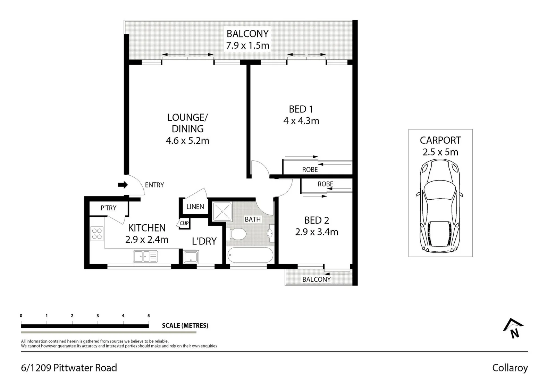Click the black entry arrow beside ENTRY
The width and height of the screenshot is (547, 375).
click(x=123, y=185)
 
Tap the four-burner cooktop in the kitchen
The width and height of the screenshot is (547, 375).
click(x=97, y=233)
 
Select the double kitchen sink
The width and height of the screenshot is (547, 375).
click(x=145, y=257)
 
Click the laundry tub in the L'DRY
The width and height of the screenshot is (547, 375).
click(x=191, y=257)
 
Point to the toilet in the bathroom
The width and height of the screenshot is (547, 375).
click(x=237, y=234)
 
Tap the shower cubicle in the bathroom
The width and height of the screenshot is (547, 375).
click(x=222, y=212)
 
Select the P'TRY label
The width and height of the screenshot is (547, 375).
click(x=108, y=208)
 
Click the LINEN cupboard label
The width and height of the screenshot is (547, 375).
click(x=195, y=207)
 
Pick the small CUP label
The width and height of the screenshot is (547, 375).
click(x=184, y=223)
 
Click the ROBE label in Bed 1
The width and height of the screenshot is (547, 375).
click(x=310, y=169)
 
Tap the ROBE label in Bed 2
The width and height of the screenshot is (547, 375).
click(x=325, y=184)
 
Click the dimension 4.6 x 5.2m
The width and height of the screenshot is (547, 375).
click(x=187, y=141)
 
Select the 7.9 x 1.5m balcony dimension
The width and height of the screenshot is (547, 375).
click(x=247, y=45)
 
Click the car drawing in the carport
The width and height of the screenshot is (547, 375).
click(x=440, y=206)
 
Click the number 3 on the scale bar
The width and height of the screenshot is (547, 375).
click(x=98, y=316)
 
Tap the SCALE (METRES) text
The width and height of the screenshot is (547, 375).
click(x=185, y=326)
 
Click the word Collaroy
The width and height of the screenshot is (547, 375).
click(x=510, y=368)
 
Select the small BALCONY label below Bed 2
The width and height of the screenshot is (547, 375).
click(x=316, y=279)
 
